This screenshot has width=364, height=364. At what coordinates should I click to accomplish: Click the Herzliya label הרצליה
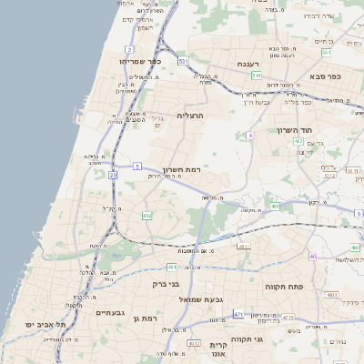pos(192,116)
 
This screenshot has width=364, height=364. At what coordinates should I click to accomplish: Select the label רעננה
pos(250,64)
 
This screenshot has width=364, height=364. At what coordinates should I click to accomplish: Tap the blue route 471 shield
pos(238,314)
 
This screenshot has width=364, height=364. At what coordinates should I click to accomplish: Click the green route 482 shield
pos(147,216)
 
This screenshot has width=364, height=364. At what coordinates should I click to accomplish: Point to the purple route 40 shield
pos(312,257)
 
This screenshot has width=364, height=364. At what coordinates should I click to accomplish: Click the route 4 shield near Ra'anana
pos(248,135)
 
